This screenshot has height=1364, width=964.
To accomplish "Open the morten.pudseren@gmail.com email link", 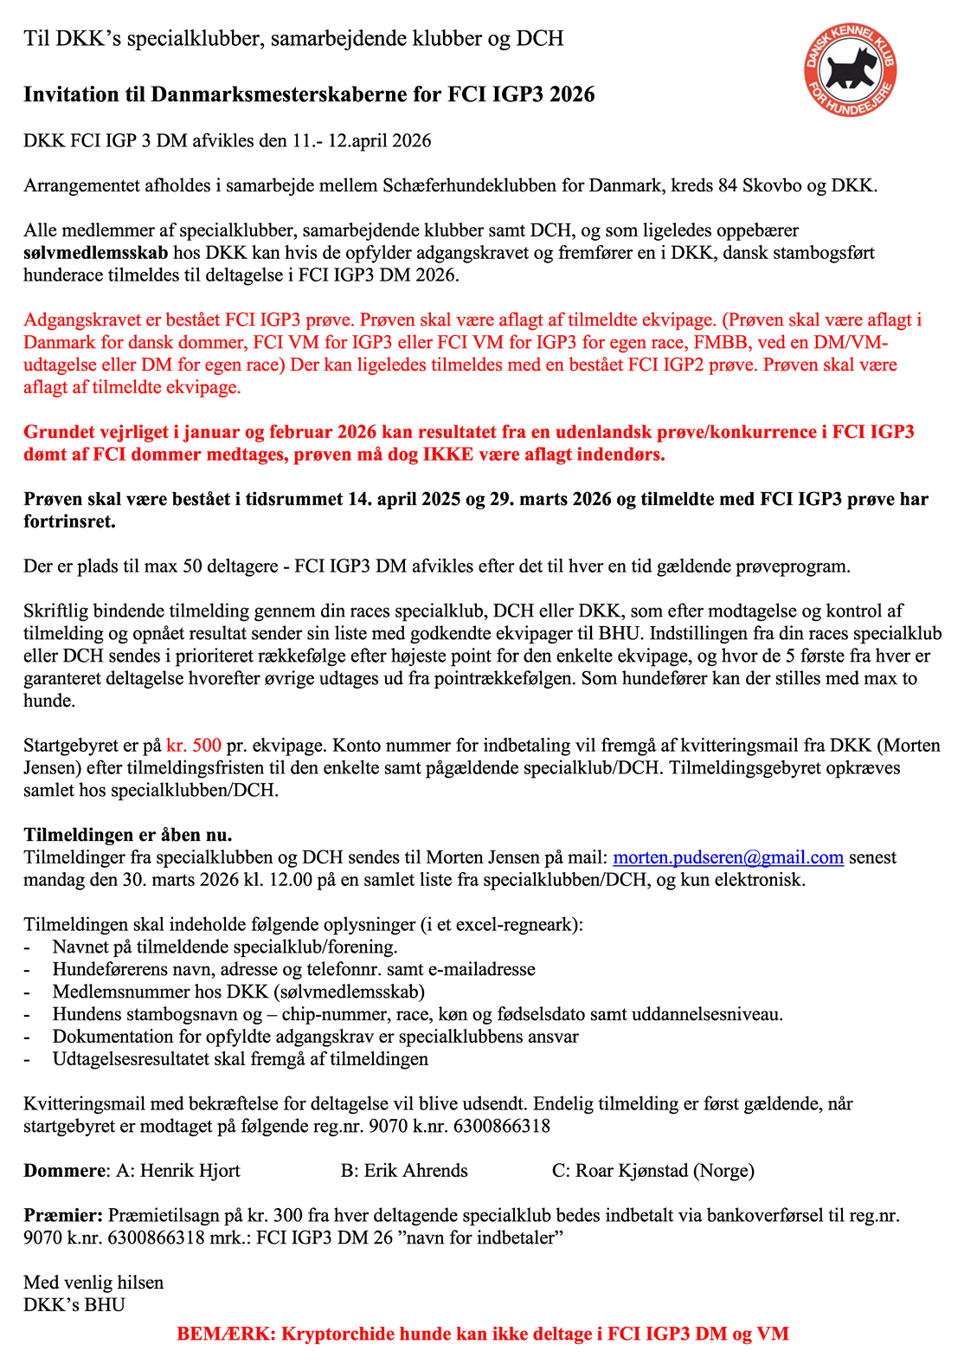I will pos(728,857).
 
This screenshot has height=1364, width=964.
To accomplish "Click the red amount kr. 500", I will pos(194,745).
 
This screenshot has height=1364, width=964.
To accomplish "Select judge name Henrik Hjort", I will pos(190,1171).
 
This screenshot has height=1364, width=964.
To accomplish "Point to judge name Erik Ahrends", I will pos(415,1171).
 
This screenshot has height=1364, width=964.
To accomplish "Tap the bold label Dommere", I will pos(63,1171).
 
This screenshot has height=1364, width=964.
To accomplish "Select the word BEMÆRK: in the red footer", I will pos(225,1334).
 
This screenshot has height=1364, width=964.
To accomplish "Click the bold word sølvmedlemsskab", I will pos(95,253).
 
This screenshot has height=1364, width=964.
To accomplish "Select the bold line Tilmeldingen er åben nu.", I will pos(128,835).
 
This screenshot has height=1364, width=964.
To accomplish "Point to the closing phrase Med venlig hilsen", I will pos(93,1282).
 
